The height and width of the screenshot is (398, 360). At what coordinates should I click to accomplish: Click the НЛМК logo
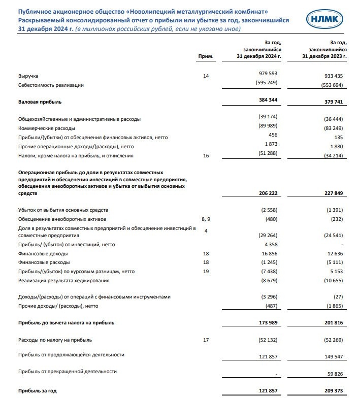325,20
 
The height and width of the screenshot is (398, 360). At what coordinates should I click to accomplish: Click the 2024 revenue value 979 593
267,74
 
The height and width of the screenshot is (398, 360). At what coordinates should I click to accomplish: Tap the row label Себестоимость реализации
51,85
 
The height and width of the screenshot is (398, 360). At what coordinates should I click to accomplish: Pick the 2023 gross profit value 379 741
335,102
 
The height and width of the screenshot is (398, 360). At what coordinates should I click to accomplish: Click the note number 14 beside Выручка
205,76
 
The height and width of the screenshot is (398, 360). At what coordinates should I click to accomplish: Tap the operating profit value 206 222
267,193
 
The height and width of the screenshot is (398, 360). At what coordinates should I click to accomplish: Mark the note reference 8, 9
206,218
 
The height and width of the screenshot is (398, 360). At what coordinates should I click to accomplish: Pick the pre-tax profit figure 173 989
267,322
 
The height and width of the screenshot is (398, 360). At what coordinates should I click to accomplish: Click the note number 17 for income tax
206,340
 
